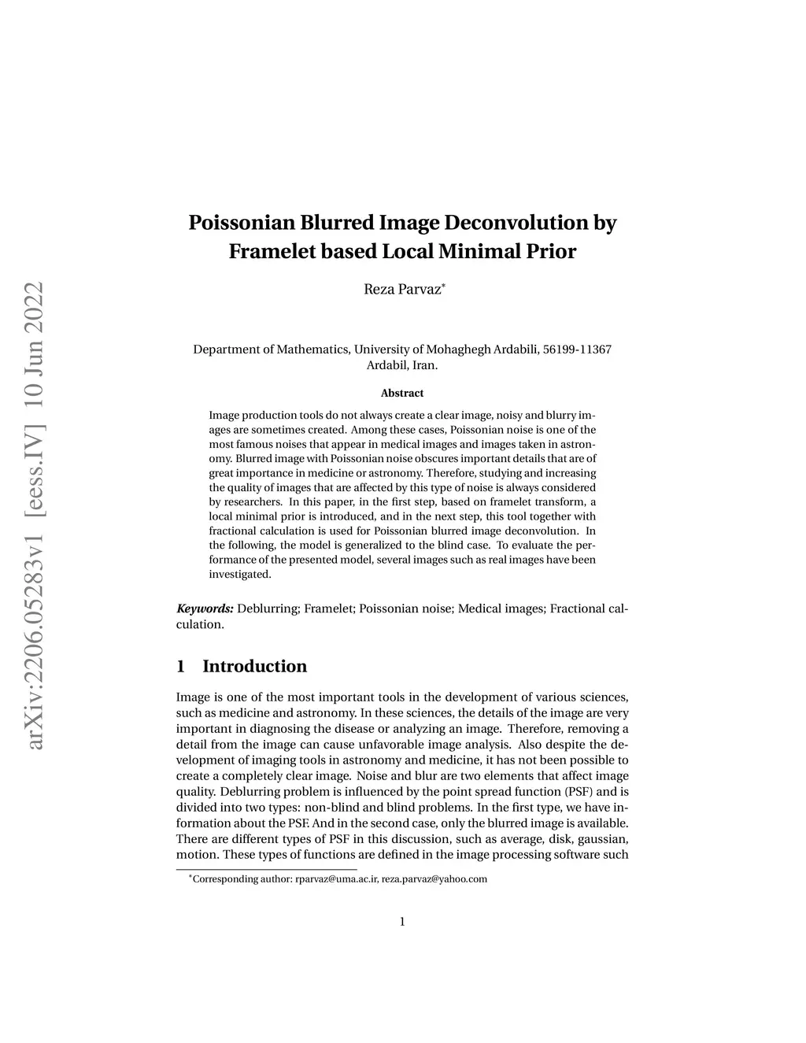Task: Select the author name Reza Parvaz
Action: [x=401, y=290]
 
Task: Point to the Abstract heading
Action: [x=402, y=393]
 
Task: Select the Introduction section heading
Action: [x=254, y=666]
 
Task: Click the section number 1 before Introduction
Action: [x=181, y=666]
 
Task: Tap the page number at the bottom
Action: [x=402, y=921]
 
